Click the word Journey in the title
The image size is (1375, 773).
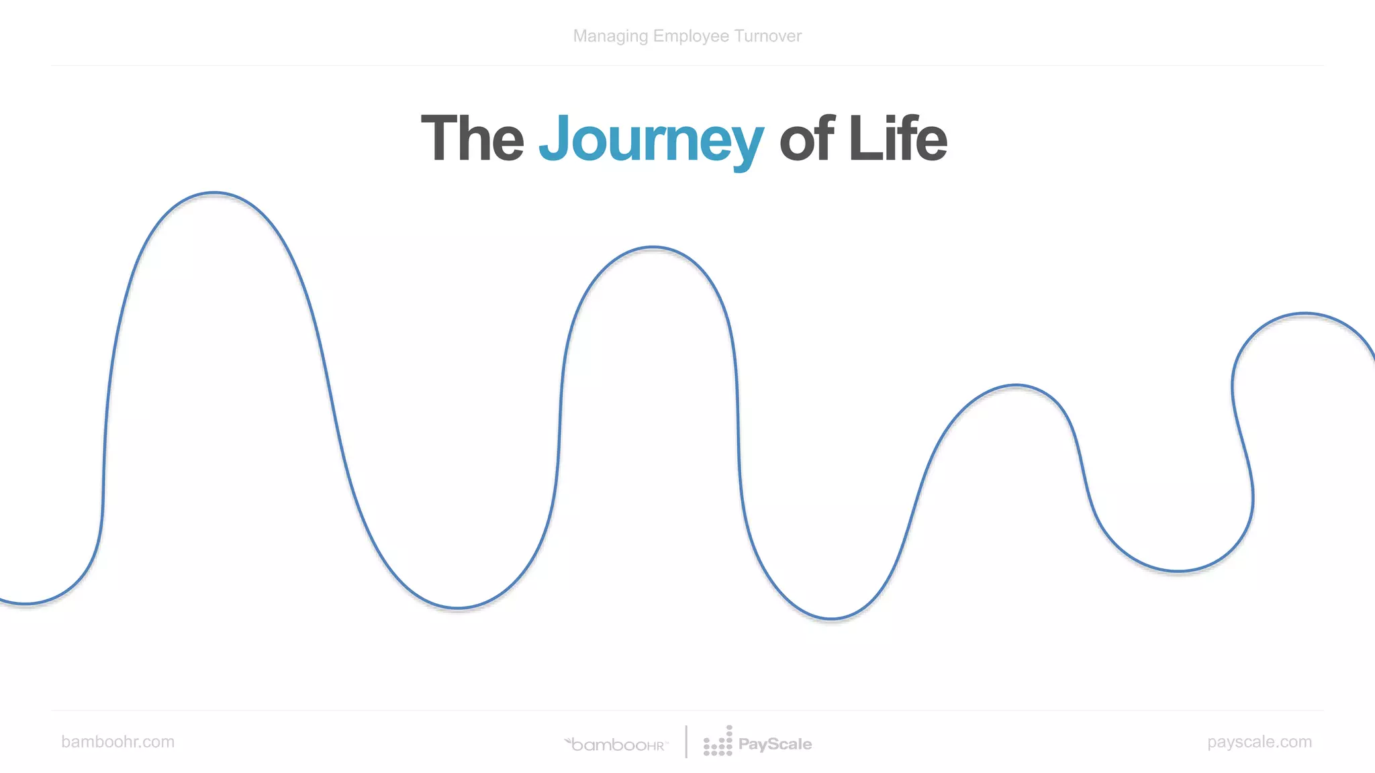(651, 139)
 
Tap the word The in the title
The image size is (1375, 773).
(472, 139)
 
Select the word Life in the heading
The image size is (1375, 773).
(898, 139)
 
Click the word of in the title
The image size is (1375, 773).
(806, 139)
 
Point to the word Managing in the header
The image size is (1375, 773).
(610, 36)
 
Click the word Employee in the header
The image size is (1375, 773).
(691, 36)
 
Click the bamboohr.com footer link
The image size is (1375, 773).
(117, 741)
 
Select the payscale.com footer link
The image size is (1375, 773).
(1259, 741)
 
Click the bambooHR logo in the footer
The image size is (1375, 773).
(616, 744)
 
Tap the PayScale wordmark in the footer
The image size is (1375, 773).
(775, 744)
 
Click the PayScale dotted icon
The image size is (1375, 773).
(718, 741)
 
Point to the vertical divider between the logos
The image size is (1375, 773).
(686, 741)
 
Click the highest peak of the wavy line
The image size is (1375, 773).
(214, 193)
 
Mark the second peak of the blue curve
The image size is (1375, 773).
(653, 248)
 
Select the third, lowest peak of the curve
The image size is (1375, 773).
(1016, 386)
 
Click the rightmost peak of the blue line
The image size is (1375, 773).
(1305, 314)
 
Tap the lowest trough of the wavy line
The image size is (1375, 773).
(831, 618)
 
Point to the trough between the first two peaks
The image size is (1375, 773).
(457, 608)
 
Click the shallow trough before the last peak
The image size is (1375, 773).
(1178, 571)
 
